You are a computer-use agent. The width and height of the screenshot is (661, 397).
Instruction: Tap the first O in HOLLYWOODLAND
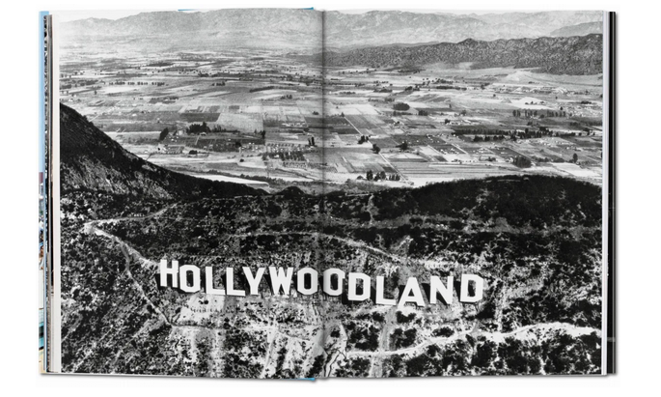190,277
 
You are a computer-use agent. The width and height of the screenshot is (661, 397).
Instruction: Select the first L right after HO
210,278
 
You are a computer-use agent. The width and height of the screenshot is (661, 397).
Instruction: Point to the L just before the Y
231,279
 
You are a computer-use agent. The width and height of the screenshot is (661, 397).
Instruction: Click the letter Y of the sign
252,280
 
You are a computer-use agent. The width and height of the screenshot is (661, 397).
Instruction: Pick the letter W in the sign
280,281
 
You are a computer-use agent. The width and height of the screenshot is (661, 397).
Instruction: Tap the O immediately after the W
308,282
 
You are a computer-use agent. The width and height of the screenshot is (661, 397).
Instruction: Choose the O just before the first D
333,283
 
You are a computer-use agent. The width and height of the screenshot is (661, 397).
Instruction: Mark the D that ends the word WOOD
358,286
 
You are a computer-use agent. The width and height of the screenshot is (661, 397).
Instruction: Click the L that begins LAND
381,288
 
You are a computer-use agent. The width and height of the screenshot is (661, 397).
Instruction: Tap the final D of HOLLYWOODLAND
471,288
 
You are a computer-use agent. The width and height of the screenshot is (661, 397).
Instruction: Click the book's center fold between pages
322,193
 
